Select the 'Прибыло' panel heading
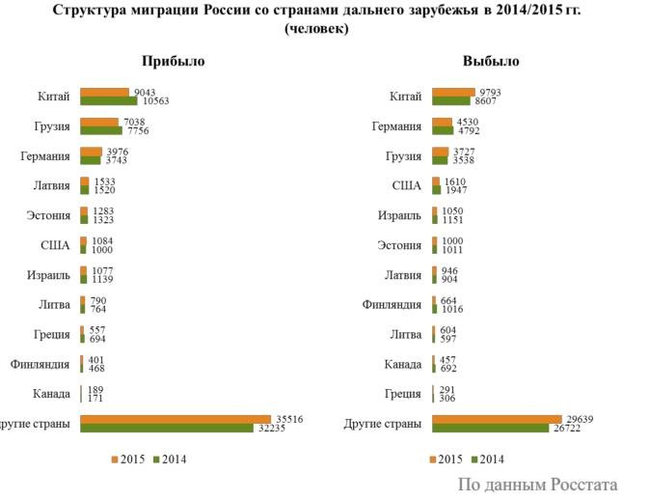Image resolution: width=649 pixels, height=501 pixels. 173,61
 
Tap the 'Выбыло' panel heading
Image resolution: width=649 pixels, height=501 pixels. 490,61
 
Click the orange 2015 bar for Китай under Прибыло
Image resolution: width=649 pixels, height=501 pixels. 104,92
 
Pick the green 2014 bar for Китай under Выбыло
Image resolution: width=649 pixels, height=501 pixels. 450,100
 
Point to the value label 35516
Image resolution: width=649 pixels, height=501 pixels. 289,418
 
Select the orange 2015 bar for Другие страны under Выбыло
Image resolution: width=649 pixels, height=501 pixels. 497,418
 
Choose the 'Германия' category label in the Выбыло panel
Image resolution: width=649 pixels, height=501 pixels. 396,125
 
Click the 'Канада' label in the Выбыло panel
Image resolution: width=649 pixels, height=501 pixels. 404,364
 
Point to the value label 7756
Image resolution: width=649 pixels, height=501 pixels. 141,130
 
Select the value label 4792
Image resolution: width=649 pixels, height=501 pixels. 469,130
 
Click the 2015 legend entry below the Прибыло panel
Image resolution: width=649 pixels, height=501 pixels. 127,459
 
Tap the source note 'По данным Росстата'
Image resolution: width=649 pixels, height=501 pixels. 537,485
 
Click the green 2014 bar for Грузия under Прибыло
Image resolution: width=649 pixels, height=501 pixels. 101,130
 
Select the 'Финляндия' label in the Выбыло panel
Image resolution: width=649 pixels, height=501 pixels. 392,304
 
